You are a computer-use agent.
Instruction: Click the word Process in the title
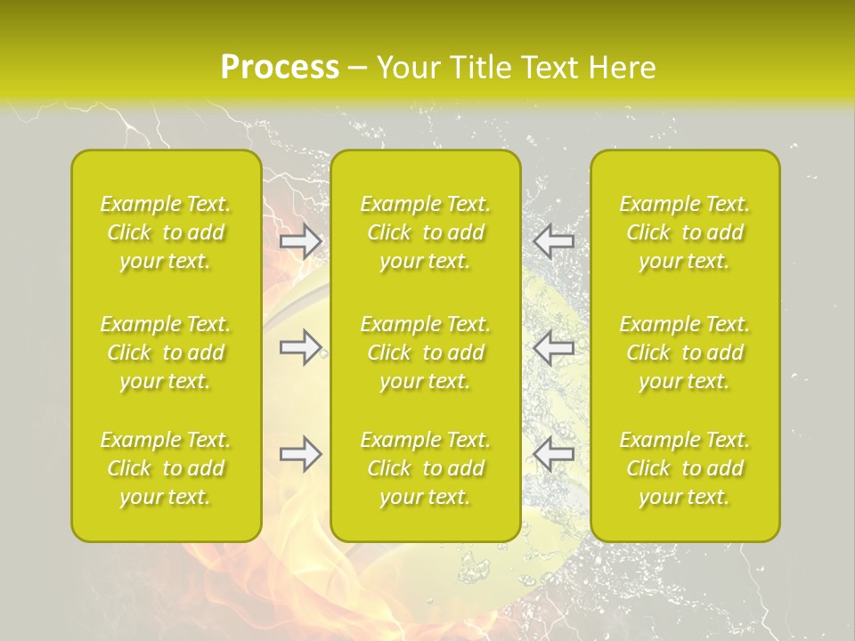(280, 68)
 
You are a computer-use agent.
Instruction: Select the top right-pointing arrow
(301, 241)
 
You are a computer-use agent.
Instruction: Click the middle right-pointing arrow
(301, 347)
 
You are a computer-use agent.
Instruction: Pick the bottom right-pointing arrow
(301, 454)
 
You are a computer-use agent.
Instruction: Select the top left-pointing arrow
(554, 241)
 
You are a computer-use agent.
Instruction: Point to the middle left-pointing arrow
(554, 347)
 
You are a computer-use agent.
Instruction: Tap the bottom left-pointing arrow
(554, 454)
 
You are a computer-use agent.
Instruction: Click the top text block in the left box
(166, 232)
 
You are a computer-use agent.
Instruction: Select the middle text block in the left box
(166, 353)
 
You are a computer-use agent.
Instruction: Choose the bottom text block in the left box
(166, 468)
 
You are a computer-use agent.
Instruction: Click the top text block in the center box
(426, 232)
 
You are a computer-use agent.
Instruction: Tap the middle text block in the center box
(426, 353)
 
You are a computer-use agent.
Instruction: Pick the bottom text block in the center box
(426, 468)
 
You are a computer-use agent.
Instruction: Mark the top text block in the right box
(685, 232)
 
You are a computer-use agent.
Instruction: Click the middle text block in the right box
(685, 353)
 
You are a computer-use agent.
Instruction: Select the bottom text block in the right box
(685, 468)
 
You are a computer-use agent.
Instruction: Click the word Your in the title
(405, 68)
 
